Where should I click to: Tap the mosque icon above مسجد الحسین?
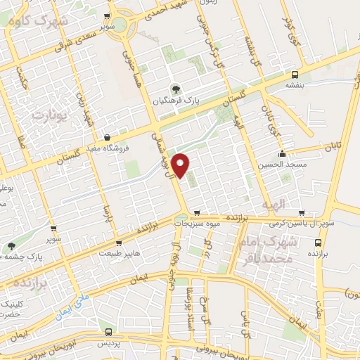(283, 153)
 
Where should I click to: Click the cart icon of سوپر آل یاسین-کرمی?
(302, 212)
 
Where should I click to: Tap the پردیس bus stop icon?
(108, 330)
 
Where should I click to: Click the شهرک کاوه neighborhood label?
(34, 19)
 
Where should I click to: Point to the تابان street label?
(332, 147)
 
